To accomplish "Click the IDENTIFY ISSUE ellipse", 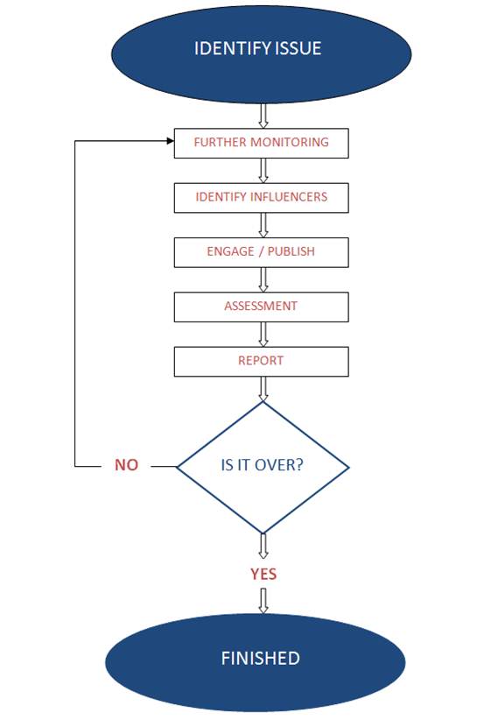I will click(x=260, y=49).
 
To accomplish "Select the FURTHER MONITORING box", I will click(x=261, y=143).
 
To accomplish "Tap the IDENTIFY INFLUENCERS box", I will click(x=261, y=197).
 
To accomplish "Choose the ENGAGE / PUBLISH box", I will click(x=261, y=251).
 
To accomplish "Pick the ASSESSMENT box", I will click(x=261, y=307).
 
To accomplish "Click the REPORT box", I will click(x=261, y=361).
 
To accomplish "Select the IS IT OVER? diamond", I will click(x=263, y=465).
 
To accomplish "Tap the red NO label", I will click(x=126, y=465).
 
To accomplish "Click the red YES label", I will click(x=263, y=574).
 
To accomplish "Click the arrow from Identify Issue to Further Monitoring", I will click(x=262, y=115).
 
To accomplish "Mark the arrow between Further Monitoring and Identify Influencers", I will click(x=262, y=170).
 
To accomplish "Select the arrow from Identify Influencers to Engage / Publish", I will click(x=262, y=224).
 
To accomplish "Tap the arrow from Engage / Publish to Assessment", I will click(x=262, y=279).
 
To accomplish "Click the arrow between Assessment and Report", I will click(x=262, y=334).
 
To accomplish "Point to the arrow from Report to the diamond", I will click(x=262, y=387).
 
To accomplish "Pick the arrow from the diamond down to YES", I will click(x=262, y=545).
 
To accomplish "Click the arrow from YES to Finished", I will click(x=262, y=600).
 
